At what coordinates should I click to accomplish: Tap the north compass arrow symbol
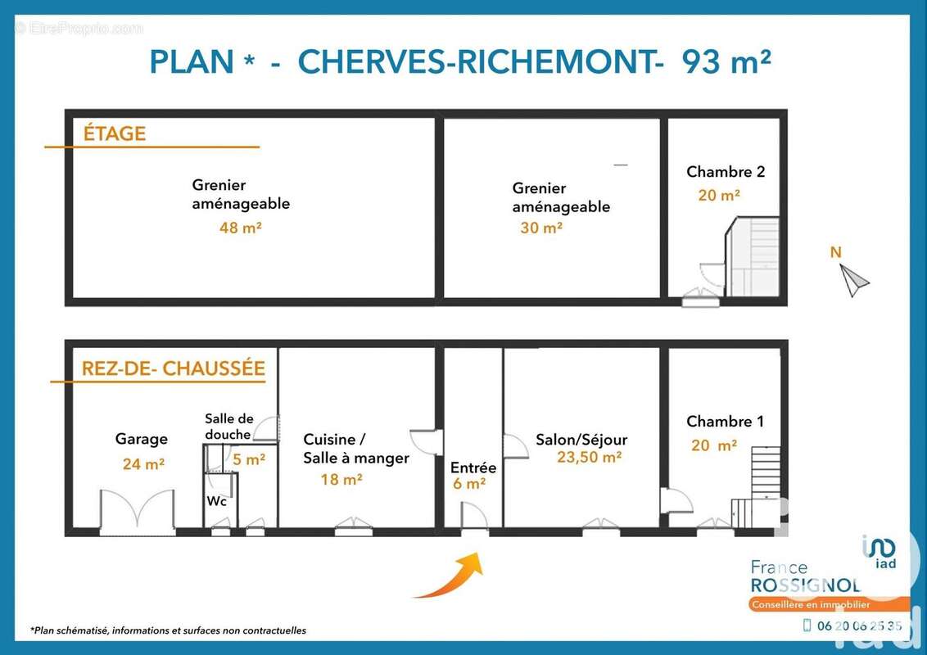855,281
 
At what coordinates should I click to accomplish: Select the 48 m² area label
240,228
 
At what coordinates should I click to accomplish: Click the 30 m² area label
541,228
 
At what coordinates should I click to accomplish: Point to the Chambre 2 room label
725,172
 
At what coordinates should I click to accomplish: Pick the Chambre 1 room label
725,422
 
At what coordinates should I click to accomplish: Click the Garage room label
141,440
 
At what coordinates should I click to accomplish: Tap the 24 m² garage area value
143,464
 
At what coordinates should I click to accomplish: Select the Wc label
216,501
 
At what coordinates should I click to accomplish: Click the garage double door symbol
138,513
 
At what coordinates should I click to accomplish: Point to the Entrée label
473,468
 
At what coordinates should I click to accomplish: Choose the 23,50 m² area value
589,458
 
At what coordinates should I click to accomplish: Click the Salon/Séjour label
581,440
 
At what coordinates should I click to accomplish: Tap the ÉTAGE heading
115,133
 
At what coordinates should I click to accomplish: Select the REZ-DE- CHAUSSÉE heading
173,368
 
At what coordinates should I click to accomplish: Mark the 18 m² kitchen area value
341,479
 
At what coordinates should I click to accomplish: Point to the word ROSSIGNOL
806,585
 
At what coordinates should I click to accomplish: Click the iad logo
879,551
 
